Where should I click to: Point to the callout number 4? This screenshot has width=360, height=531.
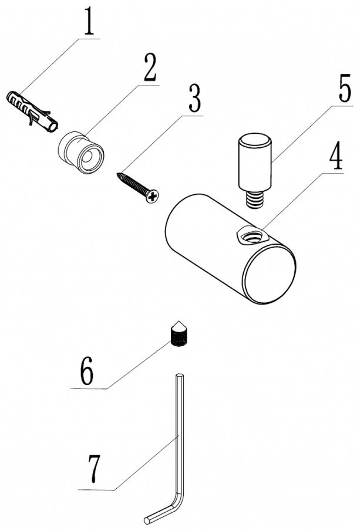pyautogui.click(x=334, y=157)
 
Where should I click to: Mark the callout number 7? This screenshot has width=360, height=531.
pyautogui.click(x=94, y=469)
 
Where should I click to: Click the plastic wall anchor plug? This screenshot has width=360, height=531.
pyautogui.click(x=32, y=111)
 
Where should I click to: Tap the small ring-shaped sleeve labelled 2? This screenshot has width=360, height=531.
pyautogui.click(x=81, y=153)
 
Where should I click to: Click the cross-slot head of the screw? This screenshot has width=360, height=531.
pyautogui.click(x=153, y=197)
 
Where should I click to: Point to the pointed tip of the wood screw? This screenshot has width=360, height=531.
pyautogui.click(x=118, y=174)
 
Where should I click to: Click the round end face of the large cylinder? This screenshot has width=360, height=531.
pyautogui.click(x=270, y=274)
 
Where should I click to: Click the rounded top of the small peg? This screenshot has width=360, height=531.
pyautogui.click(x=255, y=140)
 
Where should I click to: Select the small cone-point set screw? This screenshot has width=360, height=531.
pyautogui.click(x=179, y=334)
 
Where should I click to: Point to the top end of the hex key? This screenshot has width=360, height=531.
pyautogui.click(x=180, y=376)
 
